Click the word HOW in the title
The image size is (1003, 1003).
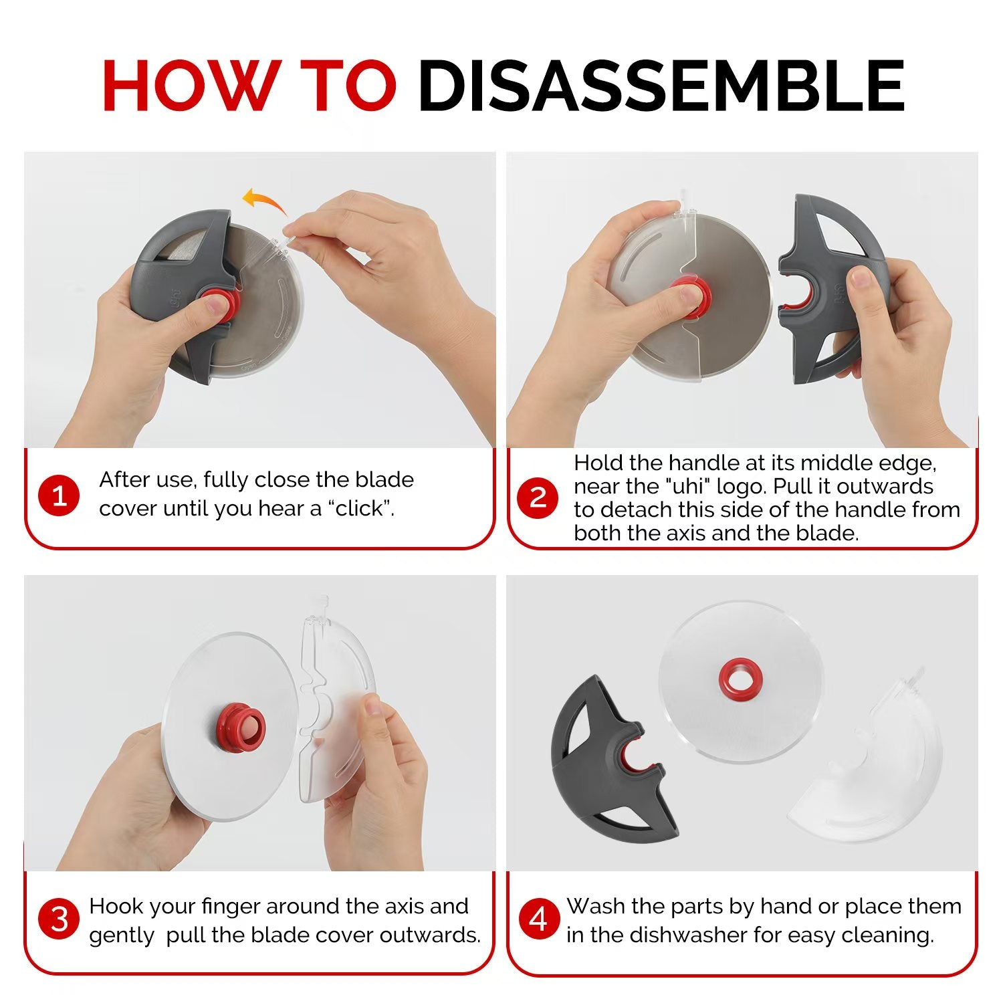pos(189,85)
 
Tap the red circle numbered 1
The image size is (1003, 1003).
pos(60,496)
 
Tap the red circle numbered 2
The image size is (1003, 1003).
pos(538,497)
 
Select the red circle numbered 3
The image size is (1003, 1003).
pos(60,919)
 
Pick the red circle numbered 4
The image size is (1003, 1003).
pos(538,919)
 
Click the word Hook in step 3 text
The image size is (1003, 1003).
pos(116,906)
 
